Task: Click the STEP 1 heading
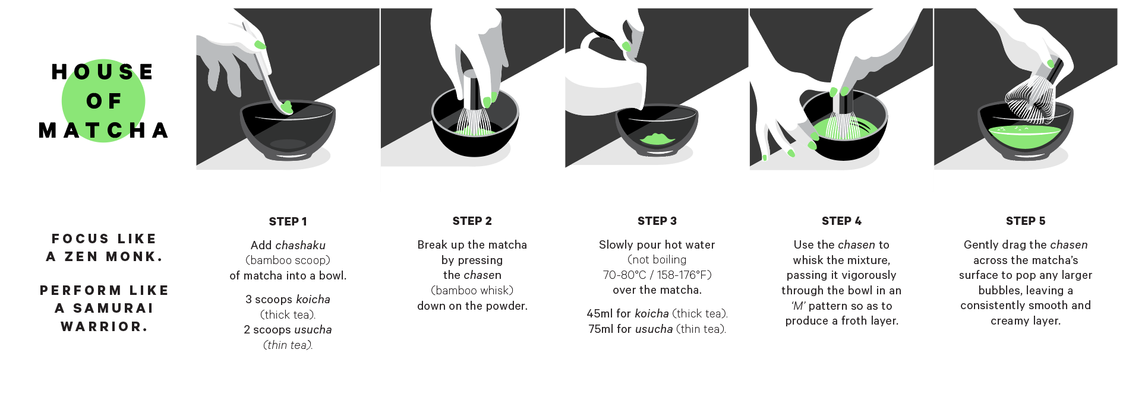288,221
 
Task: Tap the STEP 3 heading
657,221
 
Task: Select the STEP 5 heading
1026,221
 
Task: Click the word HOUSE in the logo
103,72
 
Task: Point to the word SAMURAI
113,308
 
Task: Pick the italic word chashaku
300,245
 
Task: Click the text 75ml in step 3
600,329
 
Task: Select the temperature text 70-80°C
624,275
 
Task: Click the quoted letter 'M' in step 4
798,306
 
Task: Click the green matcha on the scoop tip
286,107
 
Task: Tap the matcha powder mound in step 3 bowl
657,139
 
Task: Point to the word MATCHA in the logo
104,131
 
